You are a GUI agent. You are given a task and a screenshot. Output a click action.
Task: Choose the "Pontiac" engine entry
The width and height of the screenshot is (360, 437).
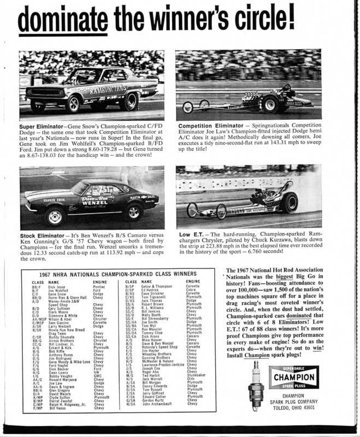[99, 286]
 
